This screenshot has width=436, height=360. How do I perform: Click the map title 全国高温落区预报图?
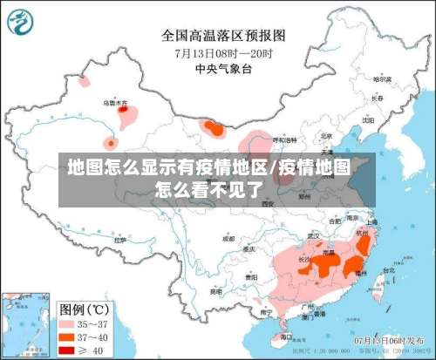click(x=223, y=36)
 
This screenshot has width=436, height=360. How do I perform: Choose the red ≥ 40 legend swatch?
click(x=67, y=350)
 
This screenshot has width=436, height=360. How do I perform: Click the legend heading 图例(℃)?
click(x=84, y=309)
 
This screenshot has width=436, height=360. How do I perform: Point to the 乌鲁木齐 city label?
click(x=115, y=102)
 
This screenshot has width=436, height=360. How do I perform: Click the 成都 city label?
click(x=228, y=237)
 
